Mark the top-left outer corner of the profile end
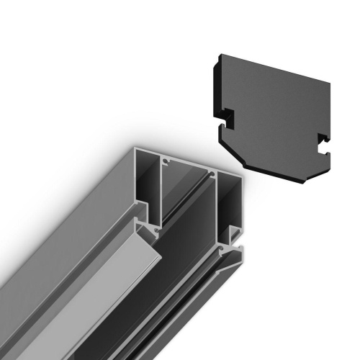(x=135, y=148)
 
